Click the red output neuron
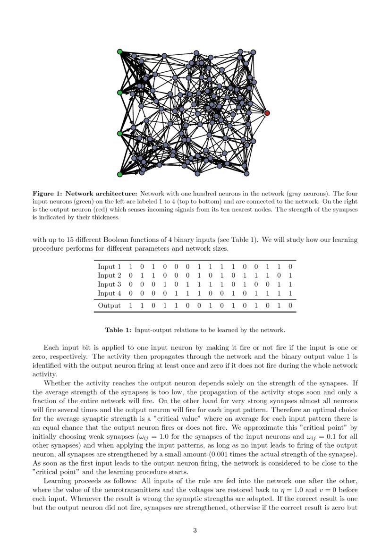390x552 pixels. [267, 113]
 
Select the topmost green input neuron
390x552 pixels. [120, 51]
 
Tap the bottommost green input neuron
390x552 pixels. [120, 174]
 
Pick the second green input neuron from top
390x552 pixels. [120, 93]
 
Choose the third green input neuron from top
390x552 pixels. [120, 134]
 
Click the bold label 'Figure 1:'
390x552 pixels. [47, 194]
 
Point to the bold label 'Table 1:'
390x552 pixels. [118, 330]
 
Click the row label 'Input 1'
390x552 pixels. [109, 266]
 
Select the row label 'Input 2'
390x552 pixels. [109, 275]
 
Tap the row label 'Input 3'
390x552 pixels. [109, 284]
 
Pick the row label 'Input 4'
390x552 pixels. [109, 293]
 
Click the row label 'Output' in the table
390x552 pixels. [109, 306]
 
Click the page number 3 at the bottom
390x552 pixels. [195, 530]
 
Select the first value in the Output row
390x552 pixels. [130, 306]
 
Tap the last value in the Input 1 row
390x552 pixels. [290, 266]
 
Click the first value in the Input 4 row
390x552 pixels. [130, 293]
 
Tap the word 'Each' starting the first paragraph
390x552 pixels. [51, 348]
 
